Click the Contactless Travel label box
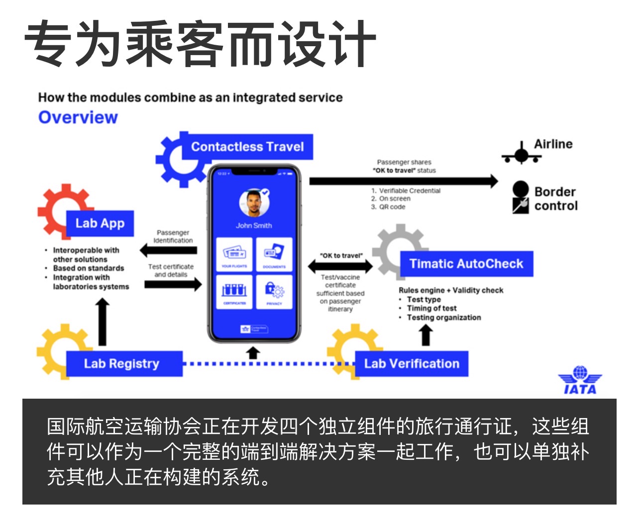click(x=247, y=147)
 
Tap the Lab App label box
click(x=100, y=224)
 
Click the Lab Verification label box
click(x=412, y=364)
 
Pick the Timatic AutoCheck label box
click(x=466, y=264)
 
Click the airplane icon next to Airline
click(x=521, y=154)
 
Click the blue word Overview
click(x=78, y=118)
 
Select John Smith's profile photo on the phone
click(x=254, y=203)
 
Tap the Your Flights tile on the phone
click(x=234, y=255)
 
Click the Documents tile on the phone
click(x=274, y=255)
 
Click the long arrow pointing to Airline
click(x=403, y=181)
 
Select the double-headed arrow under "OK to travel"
click(x=340, y=266)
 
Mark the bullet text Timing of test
click(x=431, y=309)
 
